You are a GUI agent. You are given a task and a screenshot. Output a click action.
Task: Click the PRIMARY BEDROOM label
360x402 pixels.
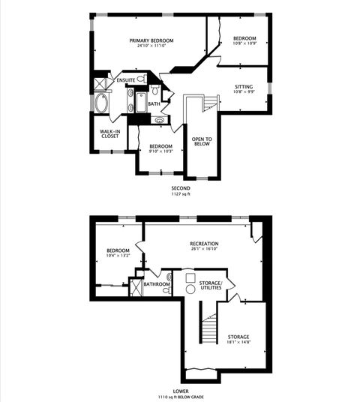click(x=151, y=40)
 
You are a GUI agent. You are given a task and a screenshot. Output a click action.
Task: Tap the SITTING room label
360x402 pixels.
click(x=244, y=86)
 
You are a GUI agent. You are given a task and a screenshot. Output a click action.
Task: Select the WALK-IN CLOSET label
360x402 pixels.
click(x=110, y=134)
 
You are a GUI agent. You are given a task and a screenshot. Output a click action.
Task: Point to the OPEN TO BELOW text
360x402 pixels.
click(x=202, y=141)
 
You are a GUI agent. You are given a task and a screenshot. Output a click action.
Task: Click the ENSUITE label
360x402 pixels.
click(x=125, y=79)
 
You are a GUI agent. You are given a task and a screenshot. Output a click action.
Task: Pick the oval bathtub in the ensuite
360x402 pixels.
click(x=101, y=103)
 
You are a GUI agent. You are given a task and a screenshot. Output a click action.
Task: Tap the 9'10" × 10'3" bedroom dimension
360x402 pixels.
click(x=160, y=151)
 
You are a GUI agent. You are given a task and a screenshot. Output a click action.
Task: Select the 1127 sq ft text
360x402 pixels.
click(x=181, y=193)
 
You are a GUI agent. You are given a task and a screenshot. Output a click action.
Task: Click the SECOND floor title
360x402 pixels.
click(x=181, y=187)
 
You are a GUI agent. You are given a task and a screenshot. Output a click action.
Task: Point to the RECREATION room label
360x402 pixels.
click(x=204, y=244)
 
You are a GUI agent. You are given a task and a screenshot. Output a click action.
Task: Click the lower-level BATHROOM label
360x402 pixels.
click(x=157, y=284)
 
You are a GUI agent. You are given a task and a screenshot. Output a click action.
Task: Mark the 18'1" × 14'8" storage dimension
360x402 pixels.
click(x=238, y=343)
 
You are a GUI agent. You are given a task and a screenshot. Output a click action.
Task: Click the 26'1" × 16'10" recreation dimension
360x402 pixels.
click(x=204, y=250)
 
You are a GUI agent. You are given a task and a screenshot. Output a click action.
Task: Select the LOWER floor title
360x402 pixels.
click(x=181, y=391)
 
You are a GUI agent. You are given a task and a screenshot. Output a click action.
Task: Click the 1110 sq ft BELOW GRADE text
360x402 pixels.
click(x=181, y=397)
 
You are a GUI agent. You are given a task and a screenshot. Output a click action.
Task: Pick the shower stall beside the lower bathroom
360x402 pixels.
click(x=136, y=288)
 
